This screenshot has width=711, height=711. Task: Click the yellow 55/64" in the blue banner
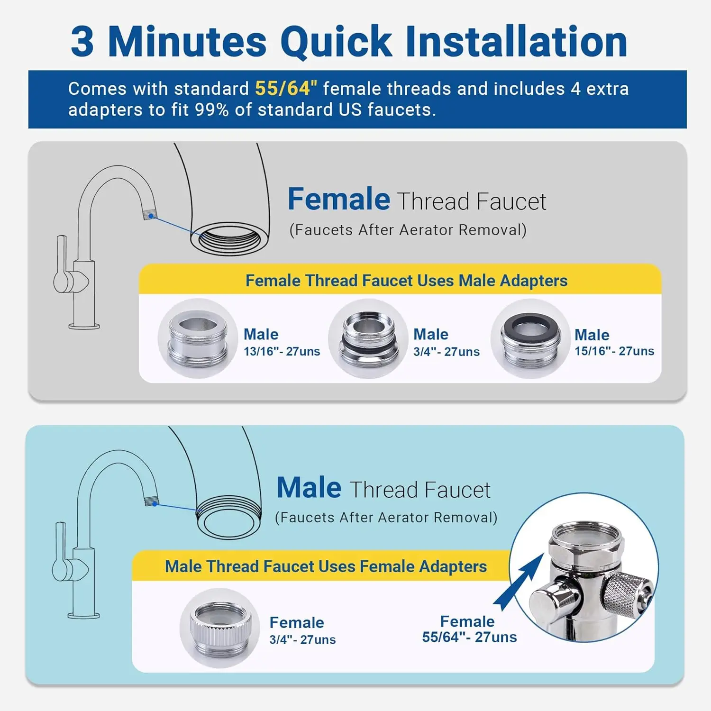(286, 89)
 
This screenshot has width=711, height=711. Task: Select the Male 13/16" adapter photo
(198, 338)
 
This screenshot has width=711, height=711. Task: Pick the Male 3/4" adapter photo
(368, 338)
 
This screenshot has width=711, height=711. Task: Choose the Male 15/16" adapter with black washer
(530, 338)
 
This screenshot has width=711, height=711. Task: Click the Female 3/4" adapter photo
(220, 628)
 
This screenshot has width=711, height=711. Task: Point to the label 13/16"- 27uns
(282, 352)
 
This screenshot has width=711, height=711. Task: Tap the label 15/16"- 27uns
(614, 351)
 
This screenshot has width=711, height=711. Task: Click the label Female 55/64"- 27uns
(469, 629)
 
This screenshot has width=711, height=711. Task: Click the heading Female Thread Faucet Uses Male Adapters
(406, 281)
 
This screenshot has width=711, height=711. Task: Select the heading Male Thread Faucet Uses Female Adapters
(326, 566)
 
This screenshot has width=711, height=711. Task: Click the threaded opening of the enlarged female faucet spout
(230, 240)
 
